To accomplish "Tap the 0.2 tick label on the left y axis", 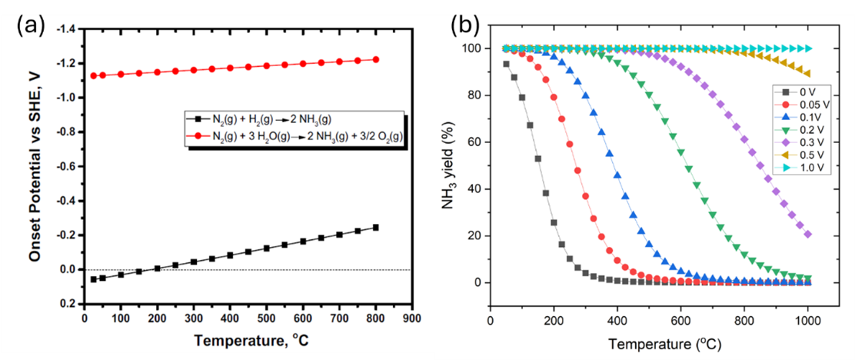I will coord(69,304).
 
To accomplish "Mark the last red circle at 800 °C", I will coord(376,59).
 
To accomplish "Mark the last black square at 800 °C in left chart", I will coord(376,227).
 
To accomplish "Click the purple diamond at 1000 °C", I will coord(807,234).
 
